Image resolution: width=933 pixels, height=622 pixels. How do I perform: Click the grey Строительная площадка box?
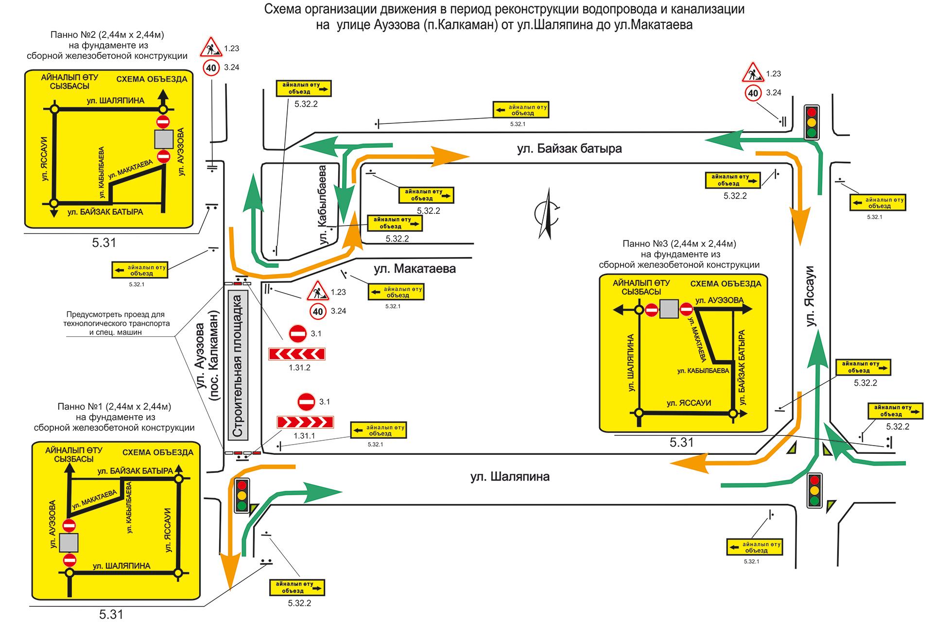[238, 365]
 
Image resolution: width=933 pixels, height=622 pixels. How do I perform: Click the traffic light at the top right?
[811, 122]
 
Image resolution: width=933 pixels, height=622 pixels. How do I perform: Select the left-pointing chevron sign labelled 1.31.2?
[297, 354]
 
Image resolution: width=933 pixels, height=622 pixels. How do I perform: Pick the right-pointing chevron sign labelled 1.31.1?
[305, 422]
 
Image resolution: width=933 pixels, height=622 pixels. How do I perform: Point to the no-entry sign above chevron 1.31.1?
[307, 402]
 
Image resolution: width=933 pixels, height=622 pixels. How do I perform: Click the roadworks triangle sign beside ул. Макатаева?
[318, 292]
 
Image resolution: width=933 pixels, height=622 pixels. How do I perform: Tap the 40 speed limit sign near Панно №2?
[211, 68]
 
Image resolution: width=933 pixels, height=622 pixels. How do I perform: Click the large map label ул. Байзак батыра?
[569, 149]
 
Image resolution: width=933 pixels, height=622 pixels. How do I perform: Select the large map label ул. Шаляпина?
[510, 477]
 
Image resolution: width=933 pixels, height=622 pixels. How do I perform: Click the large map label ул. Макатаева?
[415, 269]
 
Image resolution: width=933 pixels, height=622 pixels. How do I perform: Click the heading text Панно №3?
[679, 243]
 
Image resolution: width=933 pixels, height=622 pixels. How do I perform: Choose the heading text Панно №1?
[114, 406]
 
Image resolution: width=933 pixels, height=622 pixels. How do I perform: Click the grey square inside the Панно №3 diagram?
[669, 309]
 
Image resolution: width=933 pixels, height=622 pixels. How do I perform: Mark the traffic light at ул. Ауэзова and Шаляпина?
[242, 496]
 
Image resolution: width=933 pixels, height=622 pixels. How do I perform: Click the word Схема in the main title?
[281, 9]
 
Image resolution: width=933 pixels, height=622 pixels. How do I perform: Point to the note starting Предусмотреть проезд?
[116, 323]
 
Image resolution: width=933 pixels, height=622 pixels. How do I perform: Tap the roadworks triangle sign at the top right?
[753, 73]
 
